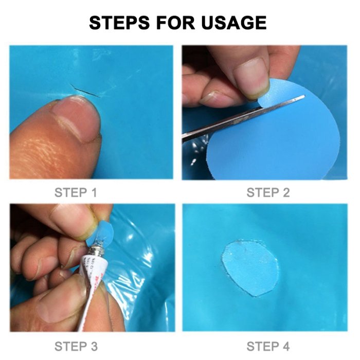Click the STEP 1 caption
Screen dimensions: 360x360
[x=76, y=193]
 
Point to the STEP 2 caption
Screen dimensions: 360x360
[x=268, y=193]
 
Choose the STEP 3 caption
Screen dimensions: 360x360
[x=76, y=346]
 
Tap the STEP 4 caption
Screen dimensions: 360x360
[x=268, y=346]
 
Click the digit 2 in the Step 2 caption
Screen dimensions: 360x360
[x=285, y=193]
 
